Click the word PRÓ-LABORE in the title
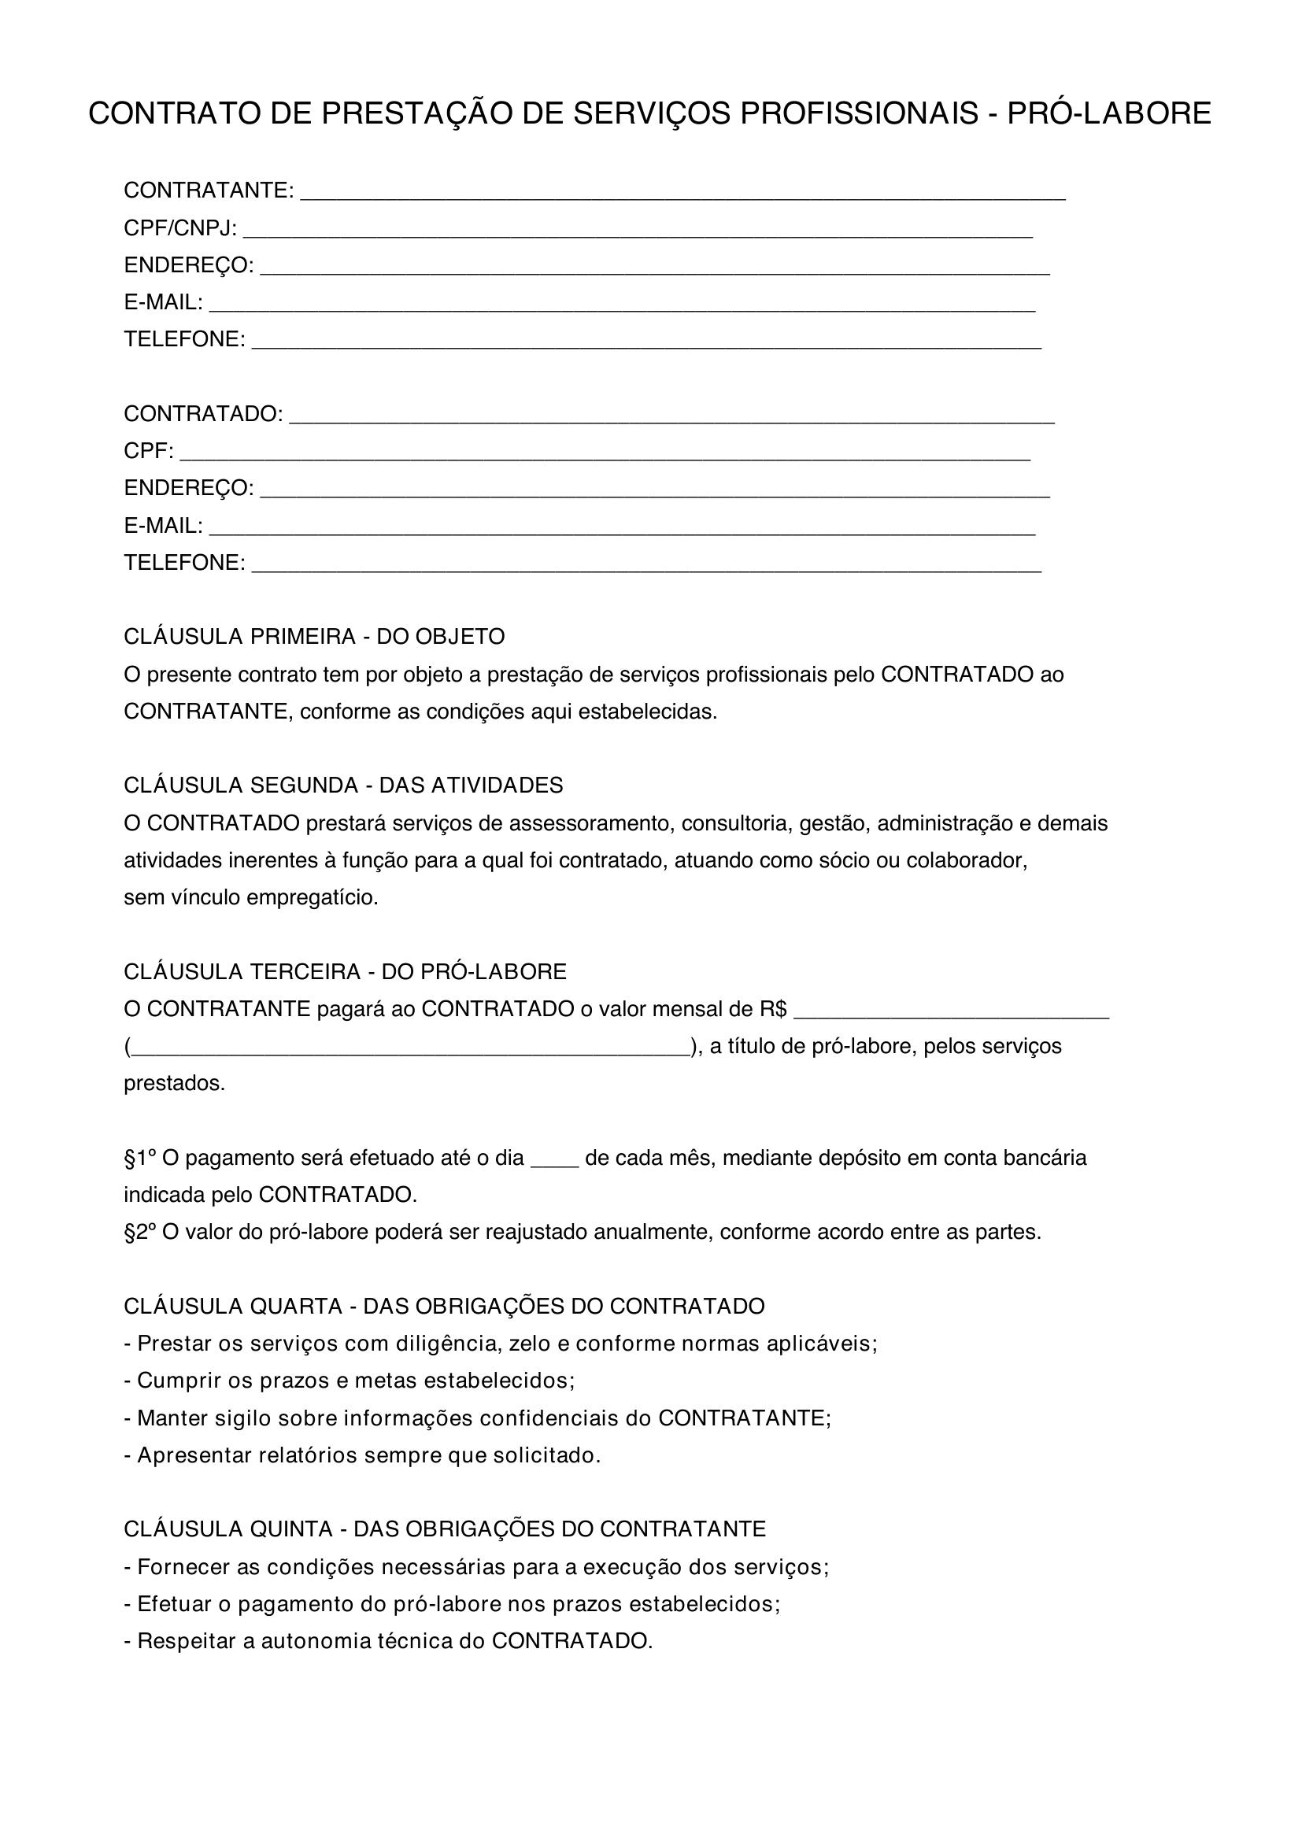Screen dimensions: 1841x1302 [x=1108, y=114]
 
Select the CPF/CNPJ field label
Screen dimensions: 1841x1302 [x=179, y=228]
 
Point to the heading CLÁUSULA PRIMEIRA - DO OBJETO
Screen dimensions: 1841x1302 [x=314, y=637]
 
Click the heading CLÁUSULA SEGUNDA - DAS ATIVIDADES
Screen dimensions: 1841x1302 [x=343, y=785]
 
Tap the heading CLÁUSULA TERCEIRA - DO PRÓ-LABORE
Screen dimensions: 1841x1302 [x=345, y=972]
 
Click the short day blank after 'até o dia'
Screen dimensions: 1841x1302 [x=555, y=1163]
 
